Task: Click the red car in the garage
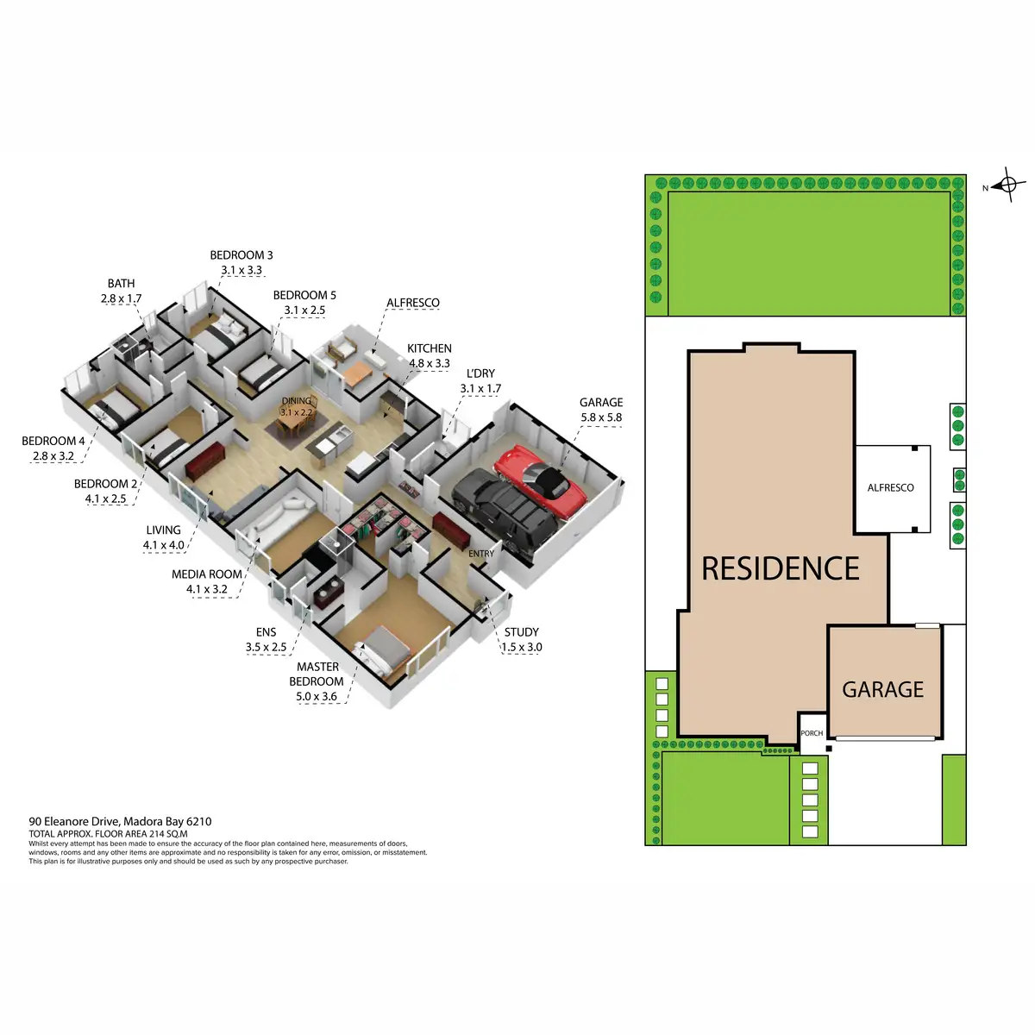(x=540, y=481)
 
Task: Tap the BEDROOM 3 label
(x=241, y=255)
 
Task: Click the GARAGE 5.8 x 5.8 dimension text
(x=601, y=417)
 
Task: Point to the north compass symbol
(x=1008, y=185)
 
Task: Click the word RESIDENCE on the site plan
(x=781, y=568)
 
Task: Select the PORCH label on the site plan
(x=812, y=733)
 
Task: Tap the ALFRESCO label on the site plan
(x=890, y=488)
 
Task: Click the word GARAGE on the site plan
(x=882, y=690)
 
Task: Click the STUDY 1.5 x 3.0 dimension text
(x=522, y=647)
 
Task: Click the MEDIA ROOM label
(x=207, y=574)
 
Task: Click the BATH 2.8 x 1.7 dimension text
(x=121, y=298)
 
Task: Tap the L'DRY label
(x=480, y=373)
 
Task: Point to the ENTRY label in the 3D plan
(x=481, y=554)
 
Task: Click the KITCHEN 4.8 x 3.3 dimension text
(x=430, y=363)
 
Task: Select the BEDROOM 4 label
(x=53, y=442)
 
